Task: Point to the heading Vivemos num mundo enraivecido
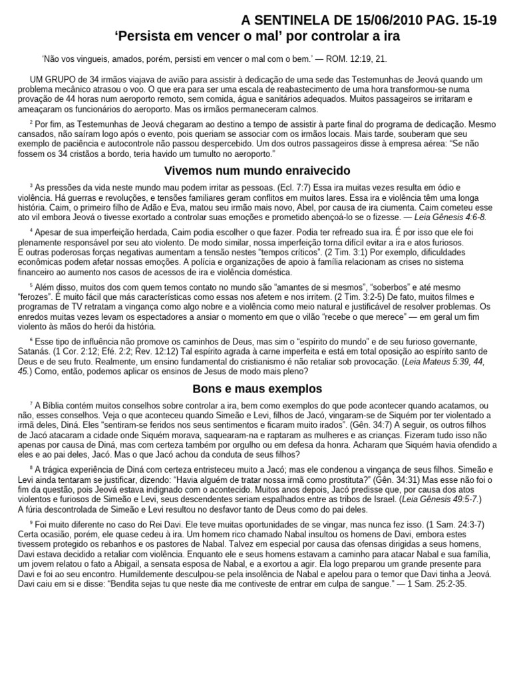[x=257, y=171]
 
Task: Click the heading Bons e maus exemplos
[x=257, y=388]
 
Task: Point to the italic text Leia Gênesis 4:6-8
[x=450, y=217]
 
